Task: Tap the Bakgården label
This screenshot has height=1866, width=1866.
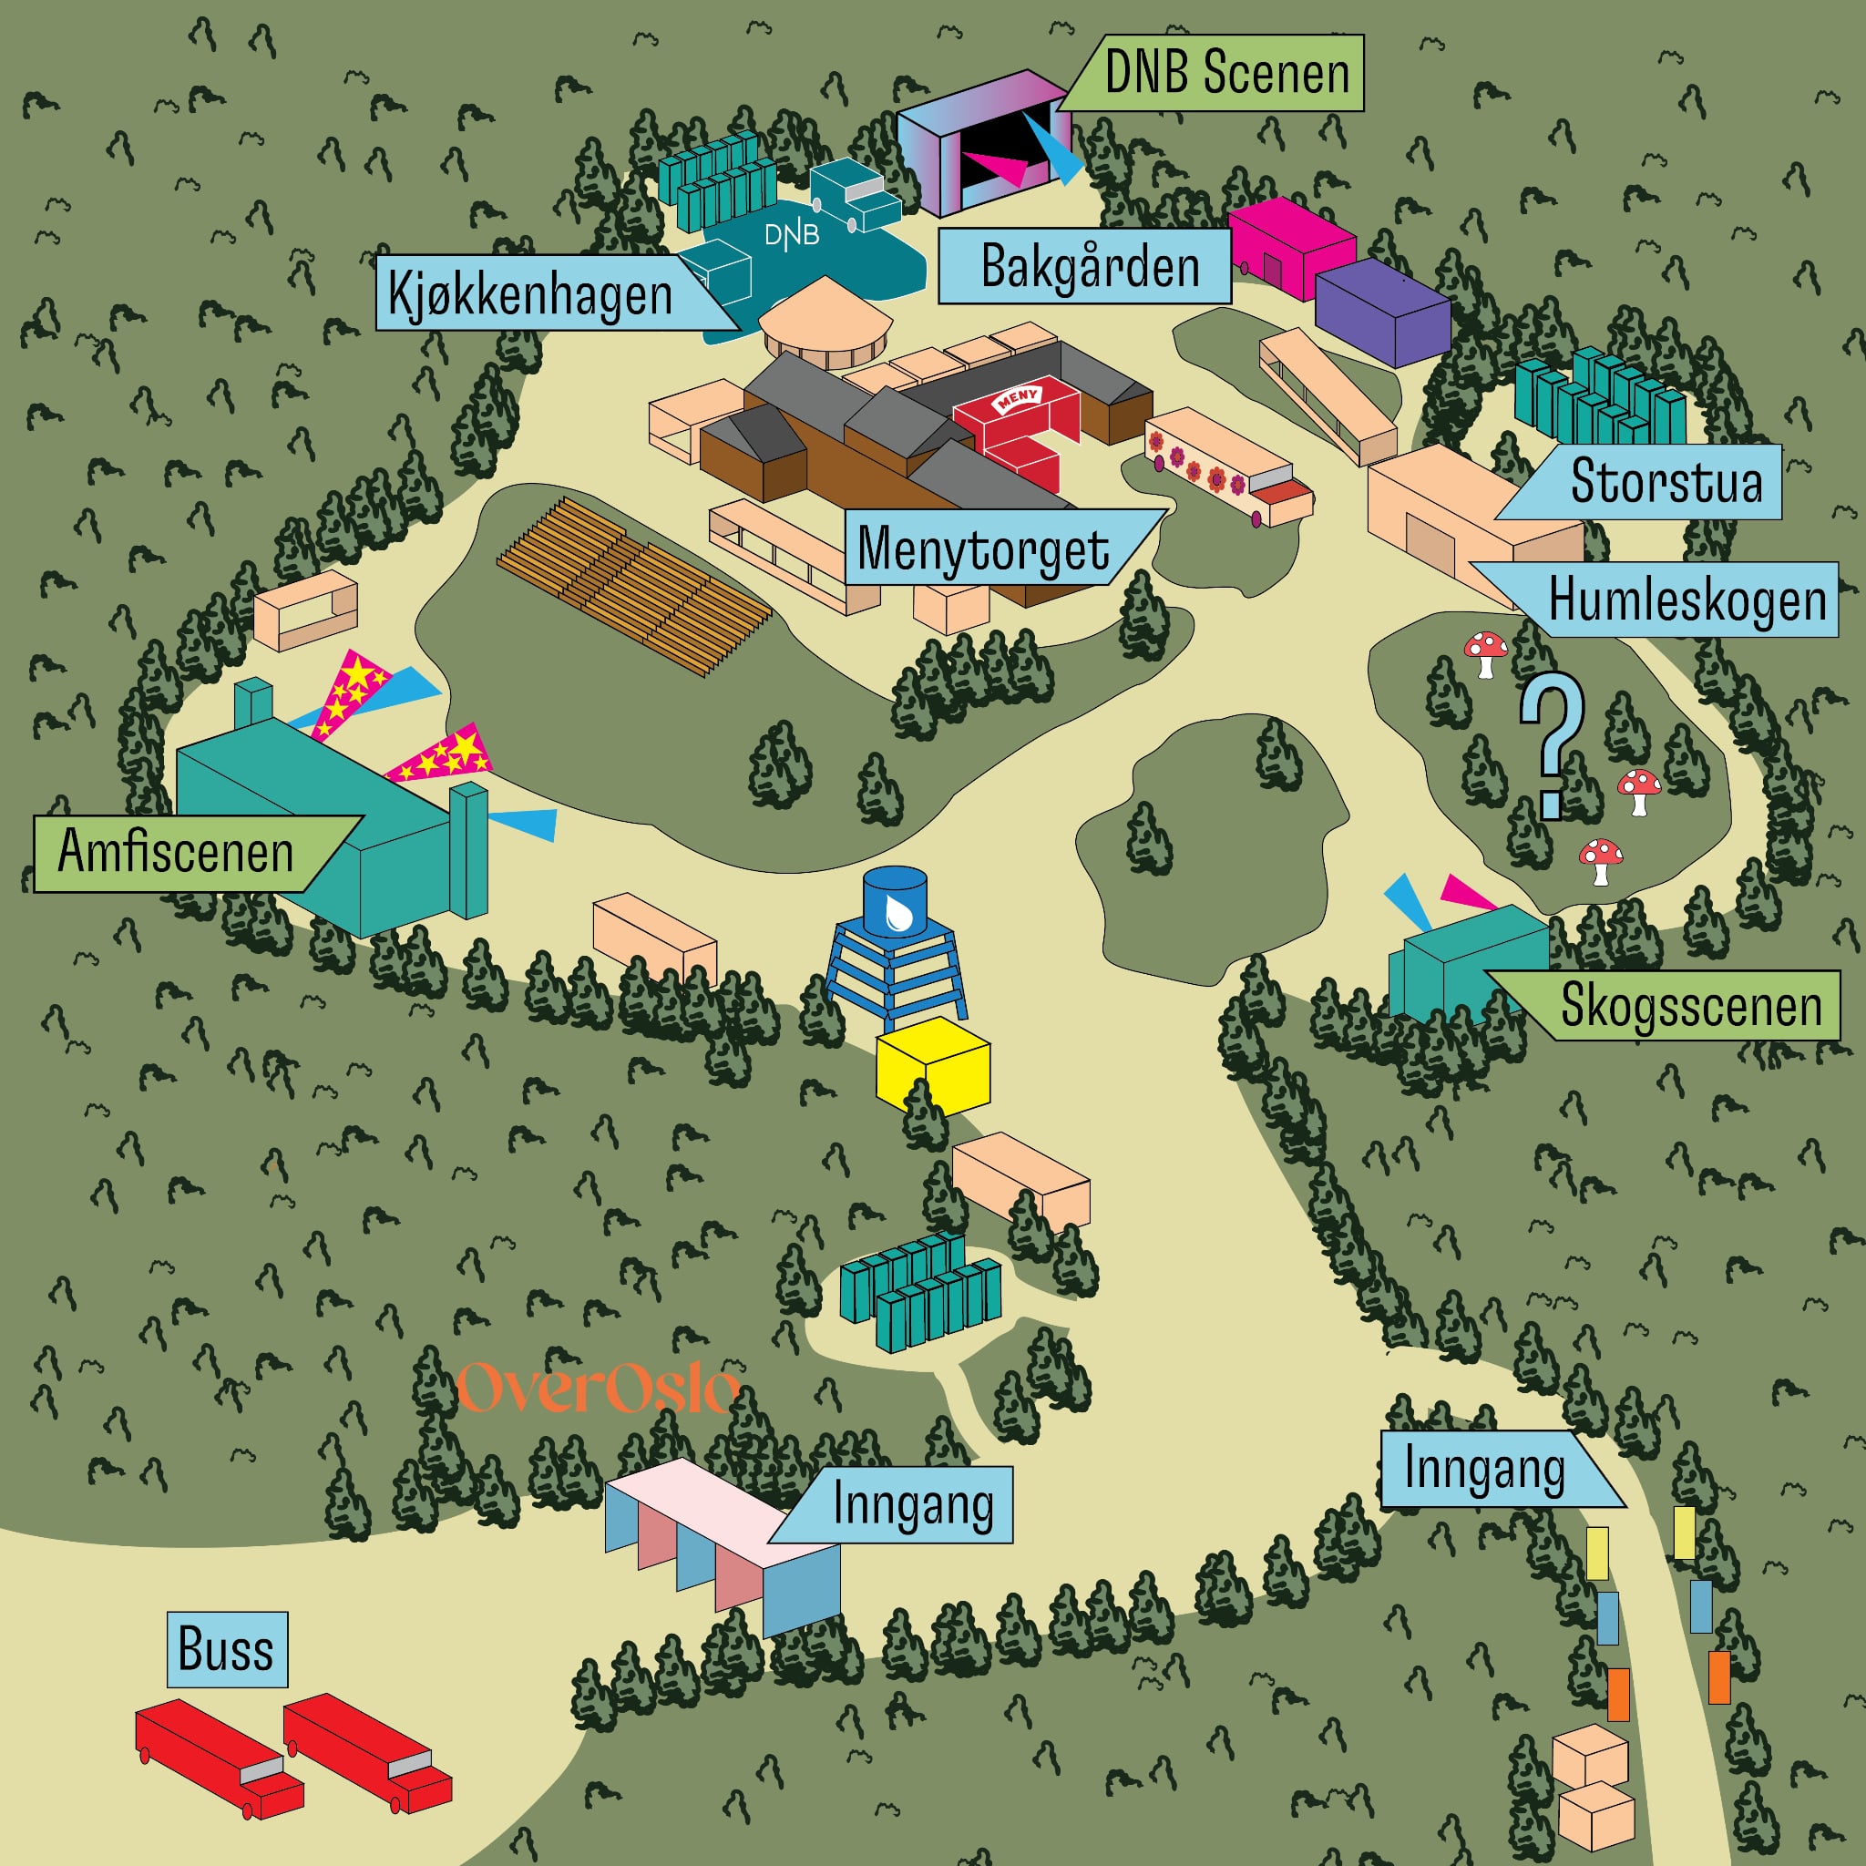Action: pos(1089,267)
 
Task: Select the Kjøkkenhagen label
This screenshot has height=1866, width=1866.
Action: pos(530,293)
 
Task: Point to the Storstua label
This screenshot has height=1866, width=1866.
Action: pos(1666,481)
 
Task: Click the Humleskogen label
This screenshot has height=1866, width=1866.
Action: pos(1687,600)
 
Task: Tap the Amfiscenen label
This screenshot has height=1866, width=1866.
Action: pos(176,853)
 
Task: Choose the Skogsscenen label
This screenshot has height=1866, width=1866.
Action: pos(1690,1006)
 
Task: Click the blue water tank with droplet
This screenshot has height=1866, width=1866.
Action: pos(895,902)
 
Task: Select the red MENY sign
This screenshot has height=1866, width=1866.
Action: pos(1017,398)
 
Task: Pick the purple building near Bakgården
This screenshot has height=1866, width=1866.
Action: pos(1381,310)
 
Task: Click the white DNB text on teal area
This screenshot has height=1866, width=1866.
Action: pos(792,235)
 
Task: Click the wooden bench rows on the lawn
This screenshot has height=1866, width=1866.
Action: pos(633,585)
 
